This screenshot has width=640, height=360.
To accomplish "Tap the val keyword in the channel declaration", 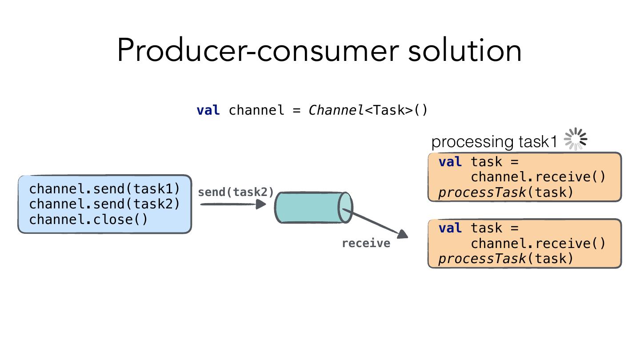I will coord(208,110).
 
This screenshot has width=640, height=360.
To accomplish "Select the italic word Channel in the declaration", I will coord(336,110).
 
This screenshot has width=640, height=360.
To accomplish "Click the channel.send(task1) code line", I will coord(104,189).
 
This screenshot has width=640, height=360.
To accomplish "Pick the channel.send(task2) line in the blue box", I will coord(104,204).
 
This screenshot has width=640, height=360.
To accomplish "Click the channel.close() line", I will coord(88,220).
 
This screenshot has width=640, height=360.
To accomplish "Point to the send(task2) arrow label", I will coord(236,192).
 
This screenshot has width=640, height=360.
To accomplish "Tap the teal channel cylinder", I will coord(311,208).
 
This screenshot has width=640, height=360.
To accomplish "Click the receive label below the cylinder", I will coord(366,243).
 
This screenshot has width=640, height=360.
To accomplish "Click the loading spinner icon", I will coord(575,140).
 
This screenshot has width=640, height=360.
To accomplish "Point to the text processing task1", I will coord(494,142).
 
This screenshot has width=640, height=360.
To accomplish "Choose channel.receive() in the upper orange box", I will coord(538,177).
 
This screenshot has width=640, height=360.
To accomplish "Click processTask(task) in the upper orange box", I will coord(506,192).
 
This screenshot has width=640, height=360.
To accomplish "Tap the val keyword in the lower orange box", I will coord(450,228).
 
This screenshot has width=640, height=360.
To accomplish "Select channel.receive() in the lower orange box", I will coord(538,244).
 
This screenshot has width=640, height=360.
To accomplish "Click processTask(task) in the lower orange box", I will coord(506,259).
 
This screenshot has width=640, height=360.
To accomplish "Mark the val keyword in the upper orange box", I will coord(450,162).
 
